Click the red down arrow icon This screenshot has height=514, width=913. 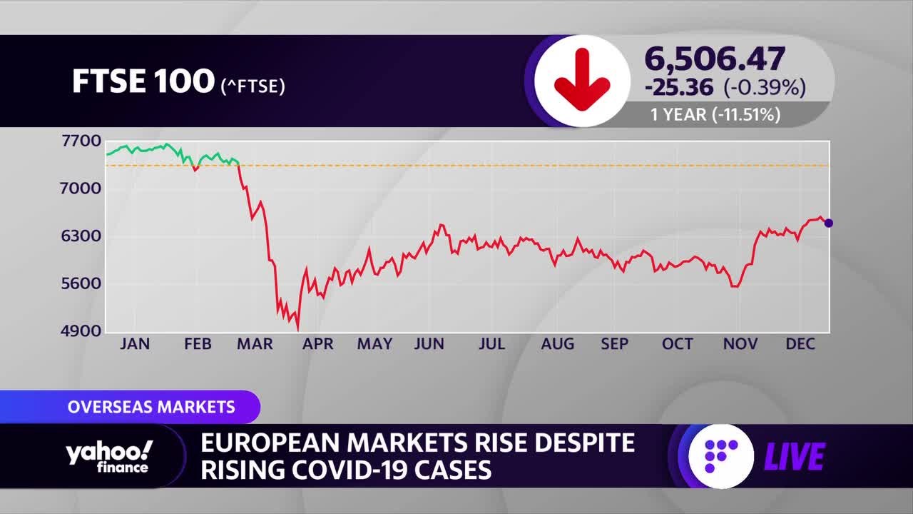582,79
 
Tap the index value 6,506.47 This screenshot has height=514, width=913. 715,59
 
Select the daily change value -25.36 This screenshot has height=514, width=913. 679,88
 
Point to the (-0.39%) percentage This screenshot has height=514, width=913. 765,87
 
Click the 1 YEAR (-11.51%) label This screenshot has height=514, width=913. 715,115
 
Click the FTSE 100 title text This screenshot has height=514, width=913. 143,81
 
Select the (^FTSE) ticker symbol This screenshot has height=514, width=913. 253,86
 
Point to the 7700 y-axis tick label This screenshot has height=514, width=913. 81,141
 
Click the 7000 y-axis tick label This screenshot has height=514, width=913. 81,188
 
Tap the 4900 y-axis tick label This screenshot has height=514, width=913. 81,331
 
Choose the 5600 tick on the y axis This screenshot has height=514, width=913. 81,283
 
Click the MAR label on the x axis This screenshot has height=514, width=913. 255,344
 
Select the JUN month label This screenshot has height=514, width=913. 429,344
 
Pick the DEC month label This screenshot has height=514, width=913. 800,344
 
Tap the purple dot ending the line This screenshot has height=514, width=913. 829,223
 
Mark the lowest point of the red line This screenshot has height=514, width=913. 298,331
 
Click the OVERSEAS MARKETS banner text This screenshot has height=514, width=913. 151,407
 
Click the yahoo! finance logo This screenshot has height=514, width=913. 109,456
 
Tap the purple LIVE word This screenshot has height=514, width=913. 795,456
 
